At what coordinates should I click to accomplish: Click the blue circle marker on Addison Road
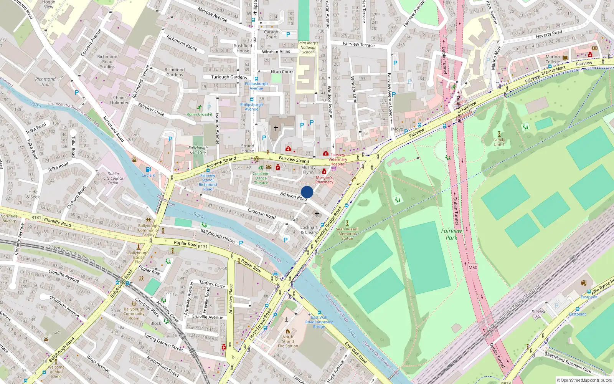point(307,192)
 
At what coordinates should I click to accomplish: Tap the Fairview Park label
point(451,234)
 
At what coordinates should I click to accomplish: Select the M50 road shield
point(473,268)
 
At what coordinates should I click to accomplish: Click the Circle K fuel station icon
point(148,169)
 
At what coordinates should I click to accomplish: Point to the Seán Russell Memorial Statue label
point(347,233)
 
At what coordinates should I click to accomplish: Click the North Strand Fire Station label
point(288,341)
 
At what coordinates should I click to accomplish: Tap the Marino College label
point(553,59)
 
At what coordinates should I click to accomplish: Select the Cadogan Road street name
point(261,214)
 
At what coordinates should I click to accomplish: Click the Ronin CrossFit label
point(200,114)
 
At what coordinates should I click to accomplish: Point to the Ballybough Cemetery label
point(198,150)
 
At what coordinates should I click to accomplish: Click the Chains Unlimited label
point(120,100)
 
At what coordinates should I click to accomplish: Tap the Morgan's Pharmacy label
point(324,180)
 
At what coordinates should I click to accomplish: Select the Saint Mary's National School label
point(308,48)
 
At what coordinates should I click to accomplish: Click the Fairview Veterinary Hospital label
point(338,159)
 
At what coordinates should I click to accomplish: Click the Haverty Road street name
point(549,34)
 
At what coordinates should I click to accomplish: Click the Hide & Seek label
point(33,194)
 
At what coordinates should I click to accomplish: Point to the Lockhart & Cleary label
point(309,230)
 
